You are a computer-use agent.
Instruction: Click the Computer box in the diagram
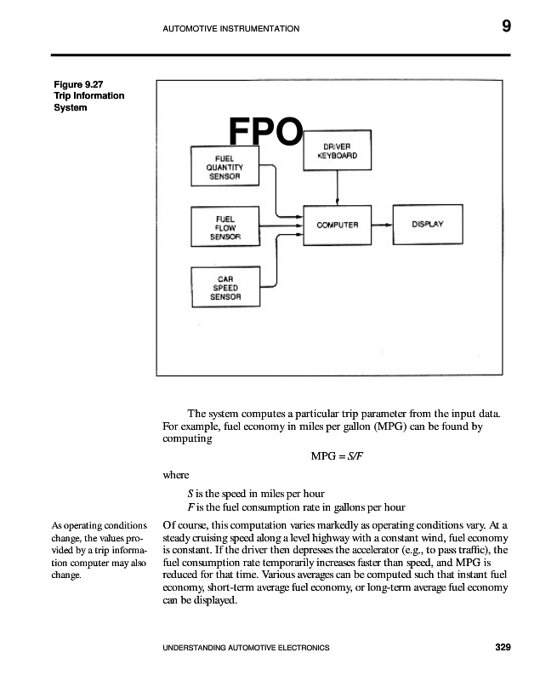point(338,225)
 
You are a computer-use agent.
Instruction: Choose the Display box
point(428,225)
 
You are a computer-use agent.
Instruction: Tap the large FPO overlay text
point(265,134)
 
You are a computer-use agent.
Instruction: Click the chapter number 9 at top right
point(506,26)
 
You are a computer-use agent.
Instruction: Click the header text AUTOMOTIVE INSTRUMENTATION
point(230,29)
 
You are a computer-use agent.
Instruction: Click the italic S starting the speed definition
point(190,493)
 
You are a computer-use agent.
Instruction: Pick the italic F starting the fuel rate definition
point(190,507)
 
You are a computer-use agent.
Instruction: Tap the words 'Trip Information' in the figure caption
point(88,95)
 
